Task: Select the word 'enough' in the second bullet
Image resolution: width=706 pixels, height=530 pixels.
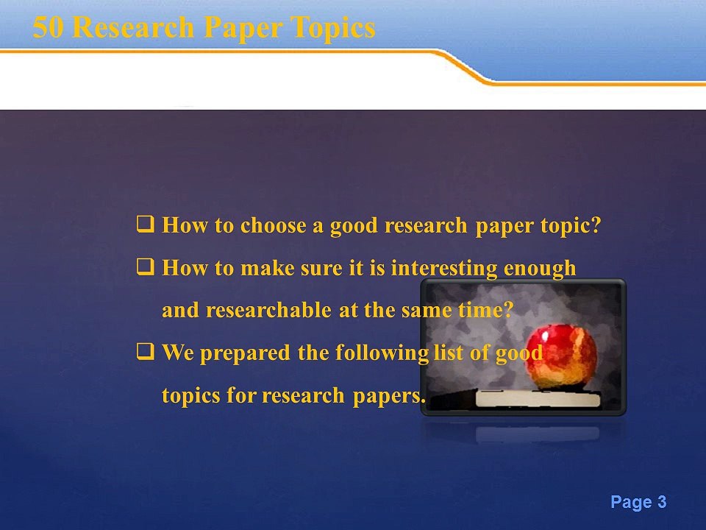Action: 540,267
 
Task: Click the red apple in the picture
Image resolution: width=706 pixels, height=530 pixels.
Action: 563,356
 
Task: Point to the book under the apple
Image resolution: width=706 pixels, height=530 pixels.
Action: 537,399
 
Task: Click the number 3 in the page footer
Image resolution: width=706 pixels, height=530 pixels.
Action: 662,503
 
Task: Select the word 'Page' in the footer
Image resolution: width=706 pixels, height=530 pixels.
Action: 631,503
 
